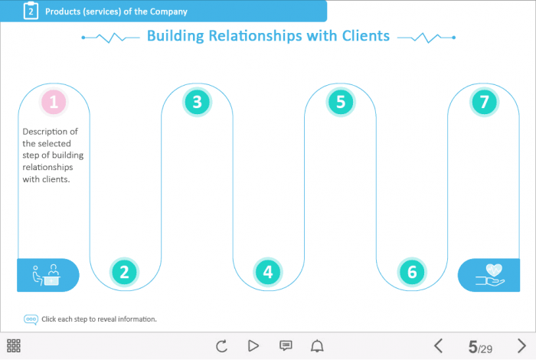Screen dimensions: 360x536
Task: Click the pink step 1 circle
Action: pos(54,102)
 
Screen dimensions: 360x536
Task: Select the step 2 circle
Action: pos(124,271)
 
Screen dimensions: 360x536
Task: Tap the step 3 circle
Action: pos(197,102)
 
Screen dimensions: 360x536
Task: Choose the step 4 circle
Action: pos(267,271)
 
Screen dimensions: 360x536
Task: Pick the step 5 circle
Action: pos(341,102)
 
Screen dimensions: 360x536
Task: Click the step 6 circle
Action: pos(412,271)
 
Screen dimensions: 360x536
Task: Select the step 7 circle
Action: pos(483,102)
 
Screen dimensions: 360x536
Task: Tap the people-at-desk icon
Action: pos(46,275)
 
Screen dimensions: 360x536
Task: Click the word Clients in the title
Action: pos(358,36)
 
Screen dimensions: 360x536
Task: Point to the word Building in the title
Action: pos(179,36)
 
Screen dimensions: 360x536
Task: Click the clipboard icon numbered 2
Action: pos(31,11)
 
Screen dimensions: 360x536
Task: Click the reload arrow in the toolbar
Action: pos(222,346)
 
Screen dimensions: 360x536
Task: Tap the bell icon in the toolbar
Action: pos(317,346)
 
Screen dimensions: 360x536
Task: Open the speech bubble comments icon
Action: pos(286,346)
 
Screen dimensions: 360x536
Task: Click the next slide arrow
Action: pos(521,346)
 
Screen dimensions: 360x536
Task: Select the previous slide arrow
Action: pos(439,346)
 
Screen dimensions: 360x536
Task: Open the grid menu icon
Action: pos(14,346)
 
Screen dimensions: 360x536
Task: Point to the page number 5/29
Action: pos(480,347)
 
